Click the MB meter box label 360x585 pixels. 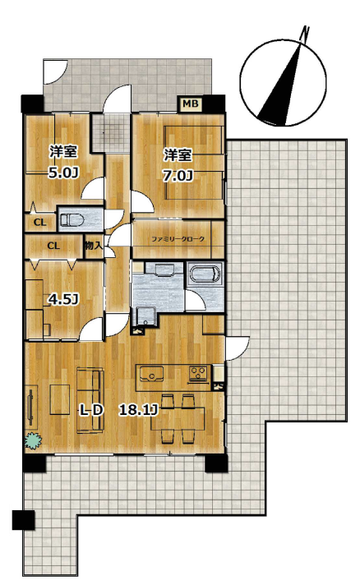point(191,104)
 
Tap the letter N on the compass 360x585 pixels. point(306,34)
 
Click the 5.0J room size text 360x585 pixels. point(63,173)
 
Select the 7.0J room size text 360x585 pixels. point(178,175)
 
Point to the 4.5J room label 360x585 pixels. point(64,299)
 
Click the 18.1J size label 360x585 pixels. point(138,410)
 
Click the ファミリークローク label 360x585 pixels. point(178,239)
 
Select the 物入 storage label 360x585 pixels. point(94,246)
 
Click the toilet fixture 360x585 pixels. point(72,220)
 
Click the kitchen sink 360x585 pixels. point(151,374)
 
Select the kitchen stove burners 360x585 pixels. point(198,374)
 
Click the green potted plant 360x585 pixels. point(33,440)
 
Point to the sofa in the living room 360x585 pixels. point(90,401)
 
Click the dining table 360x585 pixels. point(178,418)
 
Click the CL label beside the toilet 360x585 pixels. point(40,223)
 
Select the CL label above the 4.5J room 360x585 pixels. point(53,246)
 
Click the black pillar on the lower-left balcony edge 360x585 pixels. point(23,520)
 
